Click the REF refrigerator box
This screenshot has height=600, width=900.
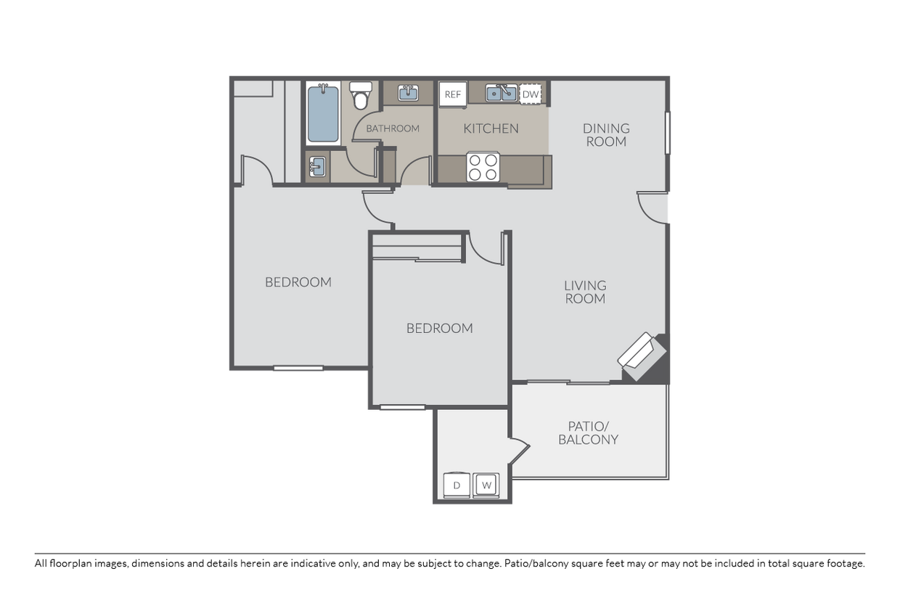tap(452, 94)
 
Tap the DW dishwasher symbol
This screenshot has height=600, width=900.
tap(531, 94)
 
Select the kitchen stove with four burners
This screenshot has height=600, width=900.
tap(483, 168)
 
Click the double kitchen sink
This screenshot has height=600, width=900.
tap(501, 93)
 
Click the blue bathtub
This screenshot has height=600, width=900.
tap(323, 114)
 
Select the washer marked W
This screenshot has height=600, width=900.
tap(486, 485)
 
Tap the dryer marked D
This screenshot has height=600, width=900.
tap(457, 485)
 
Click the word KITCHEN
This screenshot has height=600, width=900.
tap(491, 128)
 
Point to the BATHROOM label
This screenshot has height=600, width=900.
tap(393, 128)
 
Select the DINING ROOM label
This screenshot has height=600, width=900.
tap(606, 135)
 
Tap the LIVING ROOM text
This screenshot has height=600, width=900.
tap(585, 292)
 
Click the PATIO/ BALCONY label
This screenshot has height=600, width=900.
tap(589, 432)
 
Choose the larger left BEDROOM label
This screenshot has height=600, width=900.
tap(298, 282)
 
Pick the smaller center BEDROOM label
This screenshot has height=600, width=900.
tap(439, 328)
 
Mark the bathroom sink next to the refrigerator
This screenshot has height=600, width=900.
tap(408, 93)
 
